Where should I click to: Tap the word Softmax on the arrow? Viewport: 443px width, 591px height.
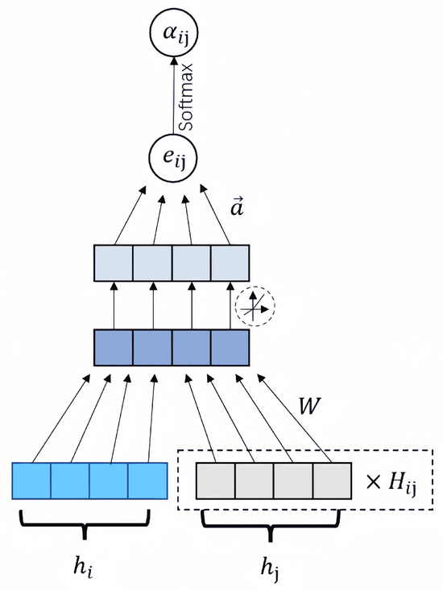coord(188,96)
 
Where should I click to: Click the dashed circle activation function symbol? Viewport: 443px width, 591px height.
coord(254,307)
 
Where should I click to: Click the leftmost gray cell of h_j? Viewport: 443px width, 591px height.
coord(216,481)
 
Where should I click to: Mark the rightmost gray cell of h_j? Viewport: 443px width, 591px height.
coord(332,481)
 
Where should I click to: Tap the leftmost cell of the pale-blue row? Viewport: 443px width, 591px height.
coord(114,262)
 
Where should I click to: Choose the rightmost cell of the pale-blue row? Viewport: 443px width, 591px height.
coord(229,262)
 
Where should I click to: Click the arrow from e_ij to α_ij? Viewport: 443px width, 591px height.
coord(172,97)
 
